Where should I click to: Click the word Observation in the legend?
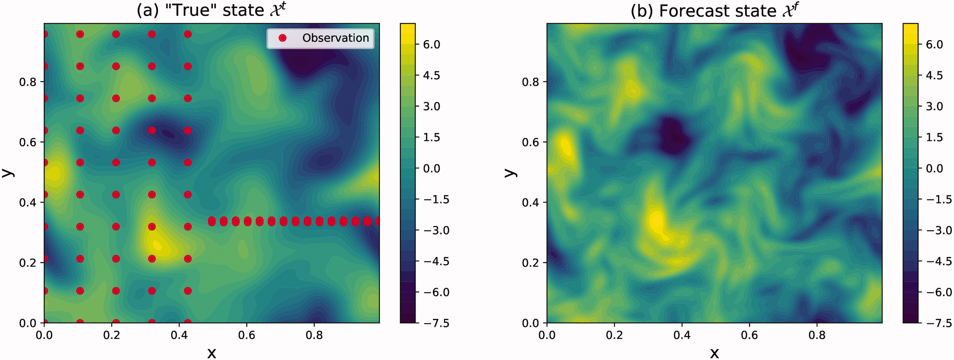coord(336,38)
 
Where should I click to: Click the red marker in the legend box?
coord(283,38)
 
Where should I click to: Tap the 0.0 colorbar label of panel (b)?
coord(934,169)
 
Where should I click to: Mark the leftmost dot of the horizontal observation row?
coord(212,221)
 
